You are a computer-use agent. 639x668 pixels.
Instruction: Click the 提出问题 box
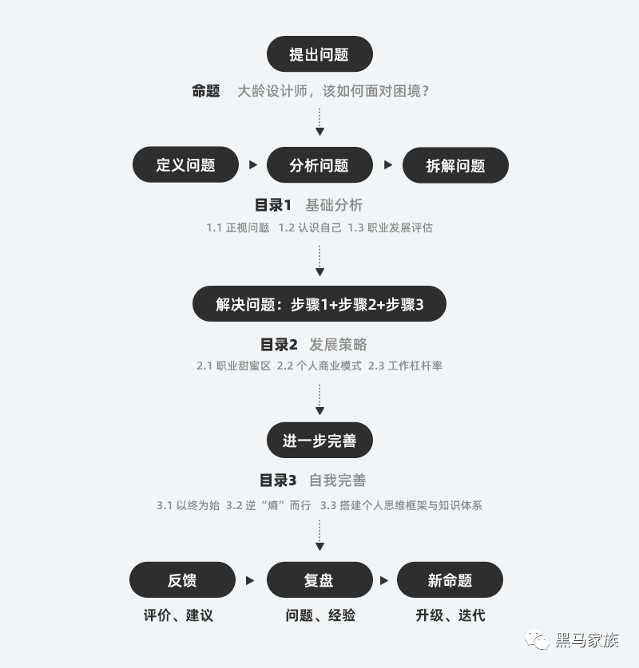click(x=319, y=54)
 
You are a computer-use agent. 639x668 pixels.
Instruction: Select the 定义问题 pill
click(x=185, y=165)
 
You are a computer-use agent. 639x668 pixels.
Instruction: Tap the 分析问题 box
click(x=319, y=165)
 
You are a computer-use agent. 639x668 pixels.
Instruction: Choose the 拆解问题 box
click(x=455, y=165)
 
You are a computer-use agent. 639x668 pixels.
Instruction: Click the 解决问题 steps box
click(x=319, y=304)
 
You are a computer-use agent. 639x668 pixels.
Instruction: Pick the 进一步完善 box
click(x=319, y=441)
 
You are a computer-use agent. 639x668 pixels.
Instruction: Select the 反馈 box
click(x=182, y=580)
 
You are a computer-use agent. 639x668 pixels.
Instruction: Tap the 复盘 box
click(x=319, y=580)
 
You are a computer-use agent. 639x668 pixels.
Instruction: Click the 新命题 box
click(x=450, y=580)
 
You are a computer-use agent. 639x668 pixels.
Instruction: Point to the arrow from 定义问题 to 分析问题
click(x=253, y=165)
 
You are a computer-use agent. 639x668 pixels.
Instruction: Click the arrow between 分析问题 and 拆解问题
click(x=388, y=165)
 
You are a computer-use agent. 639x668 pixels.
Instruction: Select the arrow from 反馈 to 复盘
click(x=250, y=581)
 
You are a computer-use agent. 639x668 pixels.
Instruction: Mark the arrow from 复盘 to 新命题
click(x=384, y=581)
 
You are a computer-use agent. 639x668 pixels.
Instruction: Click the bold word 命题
click(x=206, y=91)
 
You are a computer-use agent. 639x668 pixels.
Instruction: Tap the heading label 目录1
click(x=273, y=205)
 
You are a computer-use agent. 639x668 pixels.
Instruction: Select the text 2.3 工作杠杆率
click(x=405, y=366)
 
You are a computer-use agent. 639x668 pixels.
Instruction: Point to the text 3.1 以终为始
click(x=188, y=505)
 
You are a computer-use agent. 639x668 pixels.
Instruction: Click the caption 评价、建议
click(x=178, y=615)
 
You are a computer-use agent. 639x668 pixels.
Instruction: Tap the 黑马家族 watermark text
click(x=587, y=640)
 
